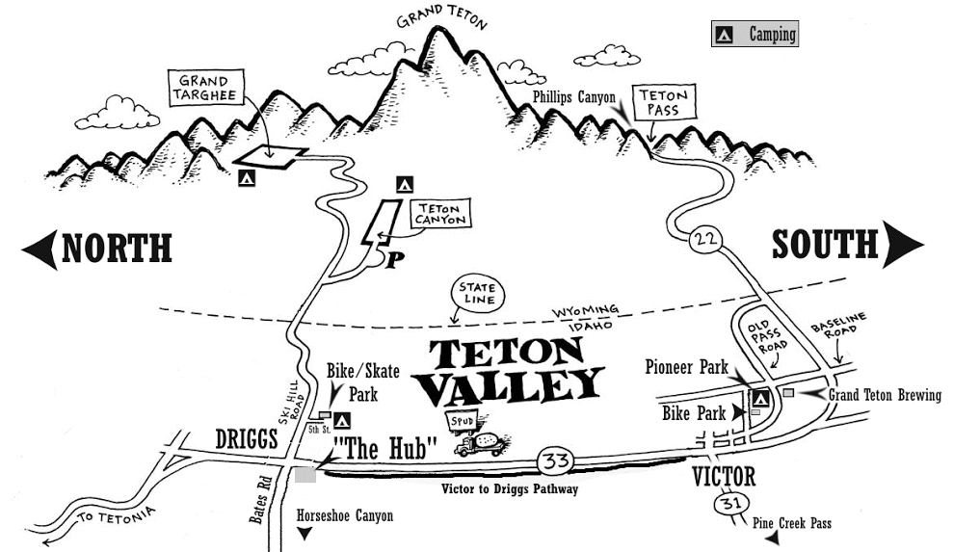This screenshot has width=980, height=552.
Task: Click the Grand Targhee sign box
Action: tap(203, 89)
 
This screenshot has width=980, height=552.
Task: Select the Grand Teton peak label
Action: tap(441, 15)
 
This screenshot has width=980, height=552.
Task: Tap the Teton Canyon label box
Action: tap(439, 213)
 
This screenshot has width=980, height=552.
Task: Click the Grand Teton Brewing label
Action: tap(885, 395)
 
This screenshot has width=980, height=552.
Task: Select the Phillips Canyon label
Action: tap(573, 97)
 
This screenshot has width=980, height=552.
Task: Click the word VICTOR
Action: tap(724, 477)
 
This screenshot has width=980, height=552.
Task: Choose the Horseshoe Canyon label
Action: tap(345, 516)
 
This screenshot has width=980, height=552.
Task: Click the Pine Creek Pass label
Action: tap(793, 523)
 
